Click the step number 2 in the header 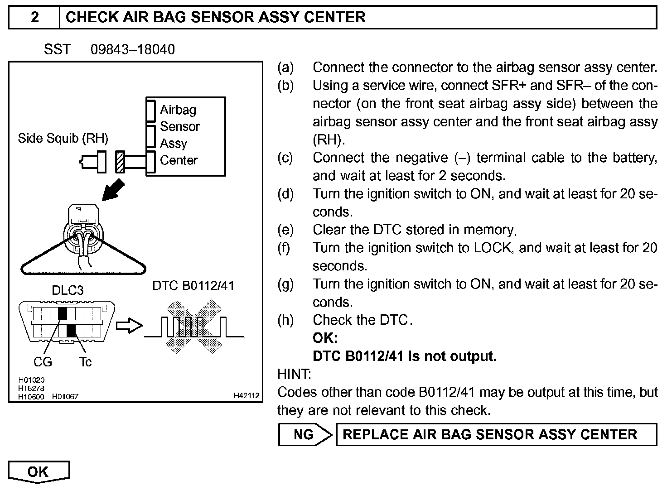coord(34,17)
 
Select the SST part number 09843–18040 coord(133,49)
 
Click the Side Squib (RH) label coord(63,138)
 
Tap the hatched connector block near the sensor coord(120,162)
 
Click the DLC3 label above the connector coord(68,290)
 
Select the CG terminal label coord(43,362)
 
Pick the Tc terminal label coord(85,362)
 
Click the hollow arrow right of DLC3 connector coord(129,326)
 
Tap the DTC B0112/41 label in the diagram coord(193,285)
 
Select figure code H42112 coord(246,396)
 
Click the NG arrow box coord(304,435)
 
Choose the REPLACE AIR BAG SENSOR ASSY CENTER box coord(496,435)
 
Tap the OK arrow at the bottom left coord(39,472)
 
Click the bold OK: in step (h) coord(325,338)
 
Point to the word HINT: coord(294,374)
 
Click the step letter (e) coord(285,230)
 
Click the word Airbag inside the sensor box coord(178,110)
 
